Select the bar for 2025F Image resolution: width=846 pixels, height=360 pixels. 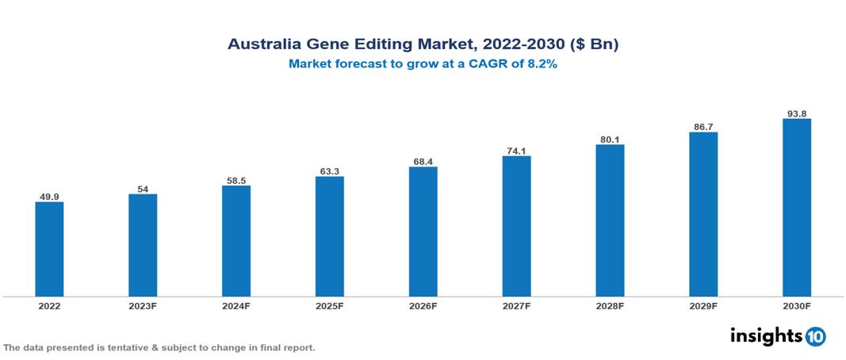tap(330, 236)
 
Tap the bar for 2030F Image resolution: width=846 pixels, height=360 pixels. tap(797, 208)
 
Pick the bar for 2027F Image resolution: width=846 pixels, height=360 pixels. tap(516, 226)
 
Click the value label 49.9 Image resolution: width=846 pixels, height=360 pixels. tap(49, 196)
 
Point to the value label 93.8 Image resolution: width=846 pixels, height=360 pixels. tap(797, 113)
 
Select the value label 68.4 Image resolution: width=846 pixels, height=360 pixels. tap(423, 161)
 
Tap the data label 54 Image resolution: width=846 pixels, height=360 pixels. tap(143, 189)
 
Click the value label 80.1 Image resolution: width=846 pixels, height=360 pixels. tap(610, 139)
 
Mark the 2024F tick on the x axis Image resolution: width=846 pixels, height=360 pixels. tap(236, 306)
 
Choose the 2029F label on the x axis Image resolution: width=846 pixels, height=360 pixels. tap(703, 306)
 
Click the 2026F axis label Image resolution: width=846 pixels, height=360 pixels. tap(423, 306)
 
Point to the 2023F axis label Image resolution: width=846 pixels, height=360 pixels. tap(143, 306)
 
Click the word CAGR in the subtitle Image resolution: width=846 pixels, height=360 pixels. tap(492, 64)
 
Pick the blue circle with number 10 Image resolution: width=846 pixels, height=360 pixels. tap(815, 336)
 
